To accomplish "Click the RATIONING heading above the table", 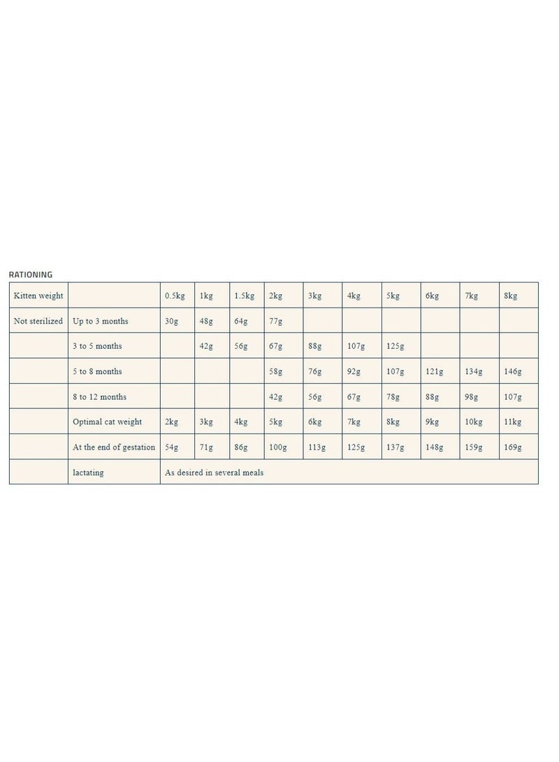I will tap(30, 275).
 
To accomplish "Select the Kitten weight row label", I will tap(38, 296).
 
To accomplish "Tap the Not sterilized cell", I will tap(38, 321).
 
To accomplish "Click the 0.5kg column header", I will tap(175, 296).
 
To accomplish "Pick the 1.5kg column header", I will tap(245, 296).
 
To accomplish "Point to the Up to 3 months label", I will tap(100, 321).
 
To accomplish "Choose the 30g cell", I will tap(171, 321).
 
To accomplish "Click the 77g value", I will tap(276, 321).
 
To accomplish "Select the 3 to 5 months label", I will tap(97, 346).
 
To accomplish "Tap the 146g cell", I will tap(513, 371).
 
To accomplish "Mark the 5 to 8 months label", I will tap(97, 371).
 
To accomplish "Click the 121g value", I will tap(434, 371).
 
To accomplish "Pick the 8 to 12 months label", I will tap(99, 396).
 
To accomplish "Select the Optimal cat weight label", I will tap(107, 422).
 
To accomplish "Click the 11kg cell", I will tap(513, 422).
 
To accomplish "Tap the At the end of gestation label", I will tap(114, 447).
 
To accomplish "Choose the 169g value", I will tap(513, 447).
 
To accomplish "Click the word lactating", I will tap(88, 472).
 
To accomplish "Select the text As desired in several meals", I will tap(214, 472).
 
